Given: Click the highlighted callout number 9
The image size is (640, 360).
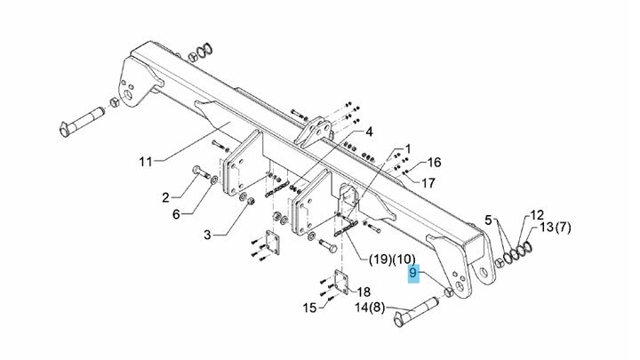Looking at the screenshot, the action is point(413,272).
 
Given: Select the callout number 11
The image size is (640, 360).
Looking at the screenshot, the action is point(146,162).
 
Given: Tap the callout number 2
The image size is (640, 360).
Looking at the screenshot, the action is point(165,198).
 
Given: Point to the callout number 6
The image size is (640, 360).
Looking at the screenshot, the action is point(176,214).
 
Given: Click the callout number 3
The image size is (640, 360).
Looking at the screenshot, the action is point(208,235).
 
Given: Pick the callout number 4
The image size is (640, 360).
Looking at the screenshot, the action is point(369,132).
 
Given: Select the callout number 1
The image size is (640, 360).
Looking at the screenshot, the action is point(408,149).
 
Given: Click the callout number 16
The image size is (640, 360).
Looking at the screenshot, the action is point(434,163).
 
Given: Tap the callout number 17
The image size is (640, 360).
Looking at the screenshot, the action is point(428,183).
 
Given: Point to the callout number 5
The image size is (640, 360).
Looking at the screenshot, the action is point(488,220).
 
